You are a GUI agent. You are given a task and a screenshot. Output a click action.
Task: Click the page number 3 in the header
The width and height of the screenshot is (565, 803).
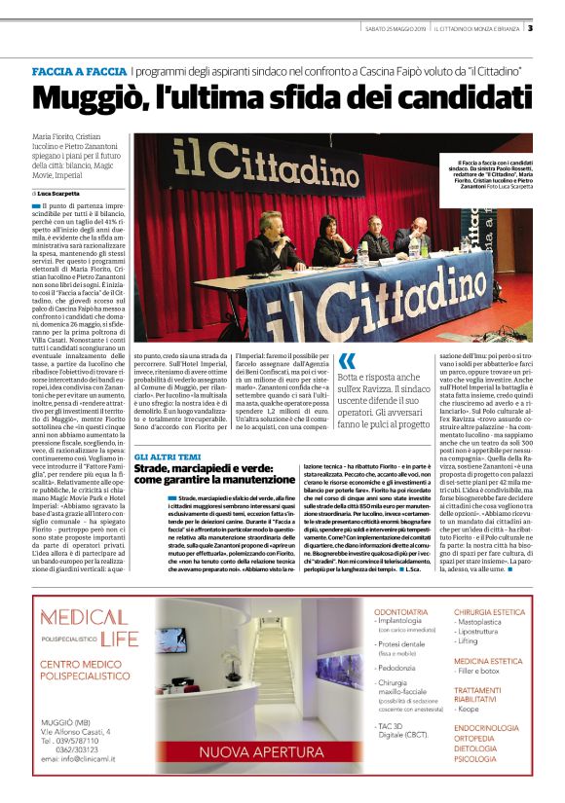click(530, 26)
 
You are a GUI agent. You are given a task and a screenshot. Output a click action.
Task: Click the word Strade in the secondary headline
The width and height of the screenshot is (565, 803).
click(159, 470)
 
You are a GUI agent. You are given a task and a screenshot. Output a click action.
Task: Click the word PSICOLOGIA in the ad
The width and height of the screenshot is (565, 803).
click(480, 759)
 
